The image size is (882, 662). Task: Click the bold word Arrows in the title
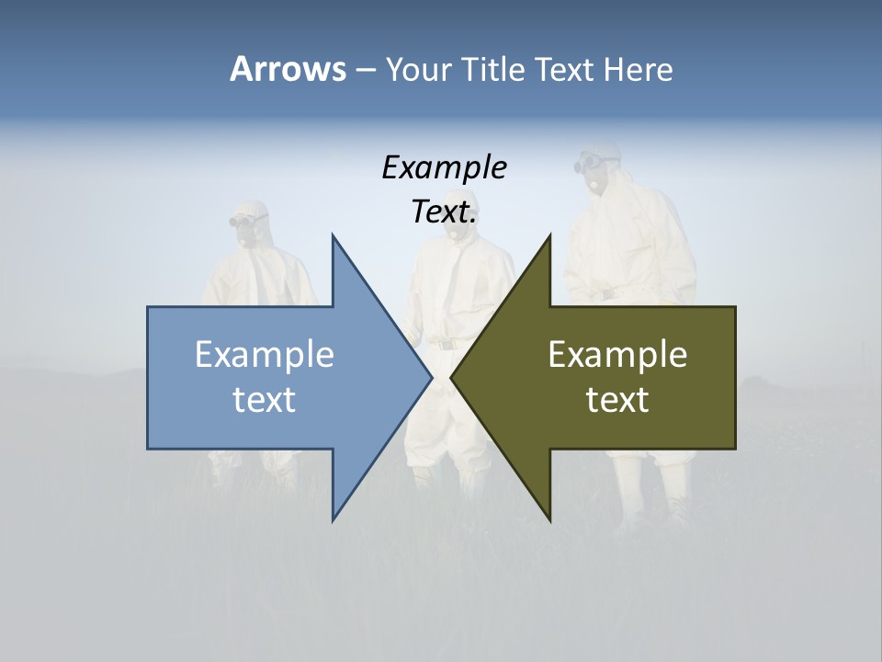click(288, 69)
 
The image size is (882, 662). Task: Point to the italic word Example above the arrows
click(444, 168)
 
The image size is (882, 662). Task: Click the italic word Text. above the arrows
click(444, 212)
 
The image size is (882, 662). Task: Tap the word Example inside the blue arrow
click(265, 355)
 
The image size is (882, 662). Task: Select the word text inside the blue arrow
click(265, 400)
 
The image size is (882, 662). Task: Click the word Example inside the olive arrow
click(617, 355)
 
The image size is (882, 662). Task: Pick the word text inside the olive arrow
click(617, 400)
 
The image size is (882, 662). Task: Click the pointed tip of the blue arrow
click(431, 377)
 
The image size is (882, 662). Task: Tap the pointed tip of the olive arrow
click(452, 377)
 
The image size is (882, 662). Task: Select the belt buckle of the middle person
click(447, 344)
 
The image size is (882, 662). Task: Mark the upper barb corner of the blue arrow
click(333, 236)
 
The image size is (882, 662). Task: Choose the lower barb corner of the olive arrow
click(550, 519)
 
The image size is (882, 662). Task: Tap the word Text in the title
click(564, 69)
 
